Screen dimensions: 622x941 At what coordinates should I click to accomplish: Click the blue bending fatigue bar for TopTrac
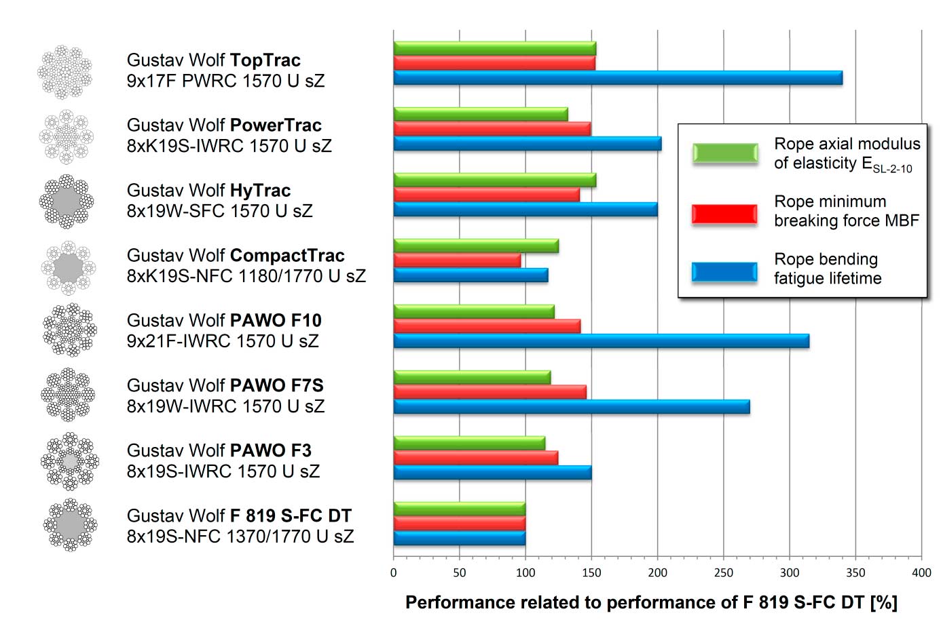coord(618,78)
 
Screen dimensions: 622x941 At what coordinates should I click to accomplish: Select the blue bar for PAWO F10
coord(601,341)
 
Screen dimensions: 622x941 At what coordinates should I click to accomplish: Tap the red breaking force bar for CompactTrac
coord(457,260)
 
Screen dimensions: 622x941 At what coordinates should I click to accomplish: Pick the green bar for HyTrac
coord(494,180)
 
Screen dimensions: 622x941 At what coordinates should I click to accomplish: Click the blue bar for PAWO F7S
coord(572,406)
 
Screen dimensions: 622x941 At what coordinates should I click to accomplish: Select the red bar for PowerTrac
coord(492,129)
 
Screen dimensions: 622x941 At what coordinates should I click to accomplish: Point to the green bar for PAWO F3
coord(469,443)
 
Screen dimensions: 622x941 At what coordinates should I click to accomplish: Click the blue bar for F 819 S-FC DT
coord(459,539)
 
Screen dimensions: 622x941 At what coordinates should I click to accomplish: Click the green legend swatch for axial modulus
coord(724,153)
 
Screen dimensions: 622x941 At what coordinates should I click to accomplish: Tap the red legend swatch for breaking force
coord(724,214)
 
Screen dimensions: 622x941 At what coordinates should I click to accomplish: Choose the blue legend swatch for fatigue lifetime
coord(724,272)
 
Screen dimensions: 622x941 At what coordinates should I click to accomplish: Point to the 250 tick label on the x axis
coord(723,572)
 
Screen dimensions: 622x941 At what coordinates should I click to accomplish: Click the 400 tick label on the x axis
coord(921,572)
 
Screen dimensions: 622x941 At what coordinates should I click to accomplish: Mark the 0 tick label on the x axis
coord(394,572)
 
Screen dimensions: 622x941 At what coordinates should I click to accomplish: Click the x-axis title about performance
coord(651,602)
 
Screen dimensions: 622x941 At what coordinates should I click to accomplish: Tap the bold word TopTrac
coord(265,60)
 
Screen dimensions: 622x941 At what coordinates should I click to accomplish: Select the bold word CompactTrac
coord(287,256)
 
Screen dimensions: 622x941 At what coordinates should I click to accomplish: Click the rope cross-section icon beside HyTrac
coord(67,201)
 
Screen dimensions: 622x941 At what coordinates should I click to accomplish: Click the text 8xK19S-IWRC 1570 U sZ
coord(229,146)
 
